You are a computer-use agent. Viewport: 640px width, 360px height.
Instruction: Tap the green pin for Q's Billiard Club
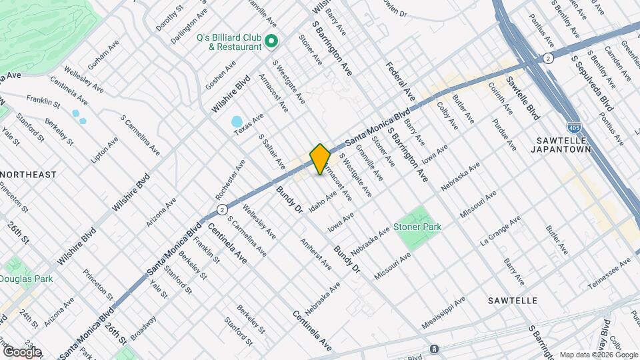coord(271,42)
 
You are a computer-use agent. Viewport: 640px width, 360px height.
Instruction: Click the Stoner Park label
coord(417,227)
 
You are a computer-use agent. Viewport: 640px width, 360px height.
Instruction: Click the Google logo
coord(21,351)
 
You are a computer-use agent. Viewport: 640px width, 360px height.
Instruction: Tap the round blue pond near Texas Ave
coord(237,122)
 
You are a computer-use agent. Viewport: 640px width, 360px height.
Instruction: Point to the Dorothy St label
coord(169,18)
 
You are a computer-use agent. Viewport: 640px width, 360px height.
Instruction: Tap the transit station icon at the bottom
coord(433,349)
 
